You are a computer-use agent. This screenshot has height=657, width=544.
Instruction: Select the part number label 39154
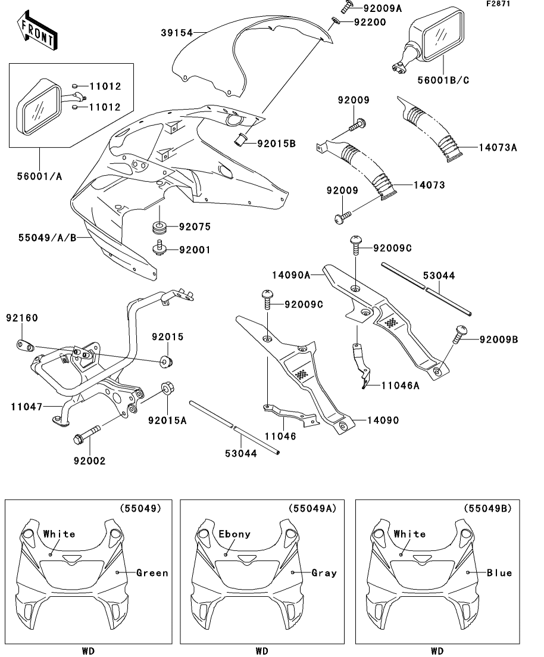click(177, 33)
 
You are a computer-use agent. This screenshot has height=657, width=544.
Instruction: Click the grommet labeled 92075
click(159, 227)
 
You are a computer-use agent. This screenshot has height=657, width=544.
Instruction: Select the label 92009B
click(498, 340)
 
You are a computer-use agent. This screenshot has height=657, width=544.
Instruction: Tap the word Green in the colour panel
click(152, 573)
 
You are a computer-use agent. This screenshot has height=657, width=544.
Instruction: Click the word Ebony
click(235, 534)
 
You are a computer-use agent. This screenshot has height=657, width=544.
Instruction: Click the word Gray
click(324, 573)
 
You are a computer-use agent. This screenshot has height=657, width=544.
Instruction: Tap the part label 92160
click(23, 318)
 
